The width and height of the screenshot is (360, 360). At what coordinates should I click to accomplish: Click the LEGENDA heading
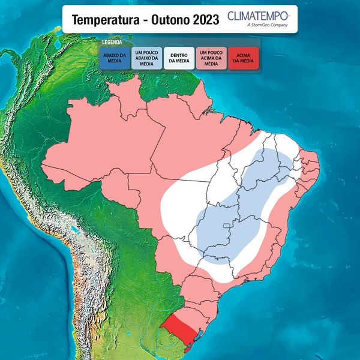[112, 43]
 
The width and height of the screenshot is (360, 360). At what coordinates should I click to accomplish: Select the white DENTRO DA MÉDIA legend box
[179, 59]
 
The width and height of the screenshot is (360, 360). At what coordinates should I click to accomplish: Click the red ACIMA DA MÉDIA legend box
[243, 59]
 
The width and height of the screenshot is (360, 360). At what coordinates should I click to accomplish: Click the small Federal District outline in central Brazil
[226, 226]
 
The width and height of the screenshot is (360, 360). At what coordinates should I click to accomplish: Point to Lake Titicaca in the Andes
[72, 229]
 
